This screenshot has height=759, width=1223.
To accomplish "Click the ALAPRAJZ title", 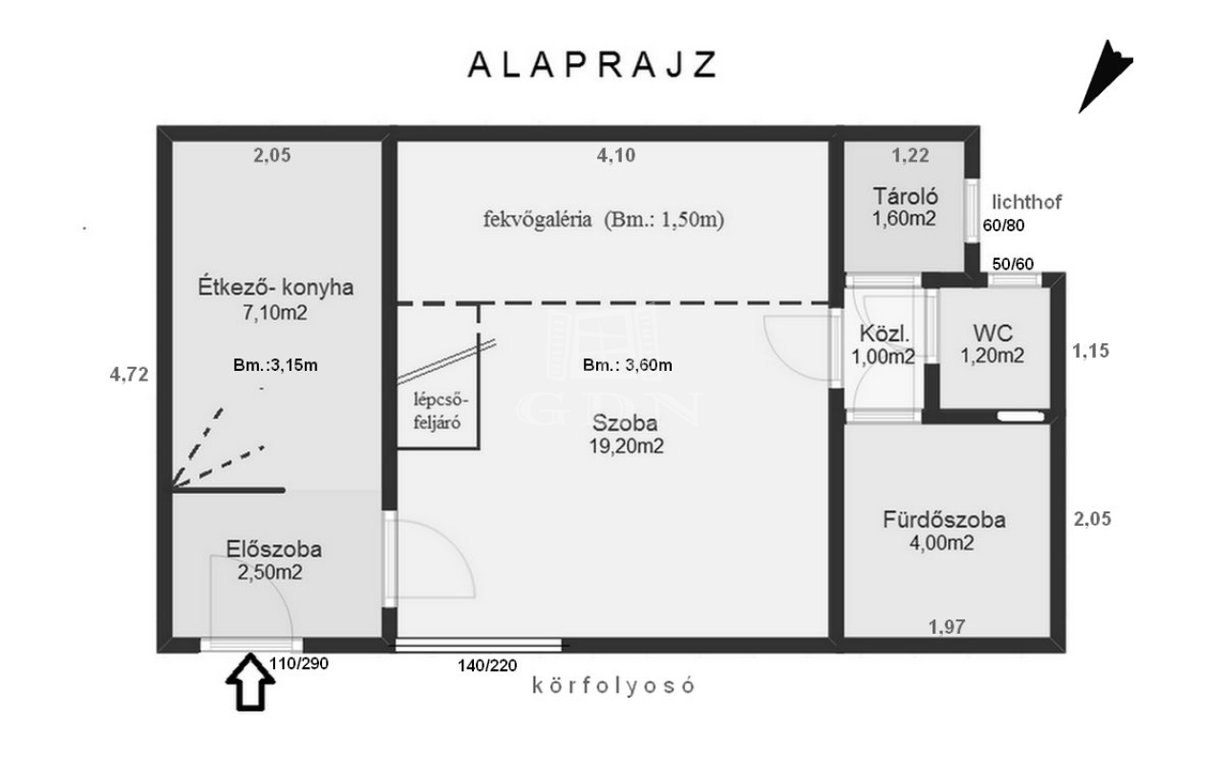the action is (x=592, y=65).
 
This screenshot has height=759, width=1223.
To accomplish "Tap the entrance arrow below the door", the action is (x=250, y=682).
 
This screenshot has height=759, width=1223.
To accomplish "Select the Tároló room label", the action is (x=905, y=196).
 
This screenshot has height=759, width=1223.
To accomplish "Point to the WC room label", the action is (x=993, y=333).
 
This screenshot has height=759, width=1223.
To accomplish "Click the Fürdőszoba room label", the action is (x=944, y=519).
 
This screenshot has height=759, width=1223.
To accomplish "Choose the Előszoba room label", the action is (x=273, y=549).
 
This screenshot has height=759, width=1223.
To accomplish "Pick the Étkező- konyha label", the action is (x=276, y=287).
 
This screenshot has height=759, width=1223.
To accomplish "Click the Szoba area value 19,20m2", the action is (x=626, y=446).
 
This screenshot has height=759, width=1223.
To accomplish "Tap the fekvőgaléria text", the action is (x=537, y=220).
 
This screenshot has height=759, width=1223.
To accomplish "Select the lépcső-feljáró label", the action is (x=440, y=411).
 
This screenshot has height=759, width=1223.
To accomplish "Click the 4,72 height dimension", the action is (x=129, y=375).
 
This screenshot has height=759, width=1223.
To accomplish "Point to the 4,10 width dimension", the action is (x=616, y=155).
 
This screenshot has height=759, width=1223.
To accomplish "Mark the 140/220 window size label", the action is (x=487, y=665).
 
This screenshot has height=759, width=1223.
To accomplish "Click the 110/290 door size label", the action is (x=299, y=663).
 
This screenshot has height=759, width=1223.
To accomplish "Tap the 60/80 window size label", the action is (x=1003, y=226).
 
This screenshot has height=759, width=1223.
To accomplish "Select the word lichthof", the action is (x=1026, y=202).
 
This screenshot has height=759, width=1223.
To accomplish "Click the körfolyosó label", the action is (x=613, y=685).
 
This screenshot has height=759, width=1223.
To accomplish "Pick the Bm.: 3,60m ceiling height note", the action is (x=628, y=365).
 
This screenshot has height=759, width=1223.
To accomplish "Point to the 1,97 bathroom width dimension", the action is (x=947, y=626).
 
